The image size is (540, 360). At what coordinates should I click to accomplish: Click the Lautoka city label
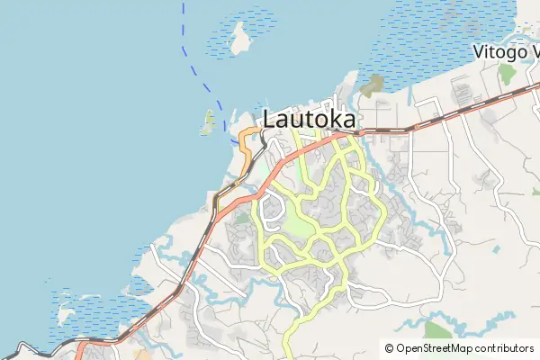click(309, 118)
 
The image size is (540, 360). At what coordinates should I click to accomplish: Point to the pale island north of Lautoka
click(240, 38)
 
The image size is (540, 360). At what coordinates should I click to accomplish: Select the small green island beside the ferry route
click(208, 122)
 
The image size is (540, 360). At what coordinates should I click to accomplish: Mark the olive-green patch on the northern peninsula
click(371, 85)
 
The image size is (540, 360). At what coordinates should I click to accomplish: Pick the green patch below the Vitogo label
click(507, 73)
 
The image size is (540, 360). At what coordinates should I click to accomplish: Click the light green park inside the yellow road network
click(303, 220)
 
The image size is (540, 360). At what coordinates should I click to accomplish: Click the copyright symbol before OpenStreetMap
click(389, 348)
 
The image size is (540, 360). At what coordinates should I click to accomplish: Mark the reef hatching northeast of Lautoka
click(423, 45)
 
